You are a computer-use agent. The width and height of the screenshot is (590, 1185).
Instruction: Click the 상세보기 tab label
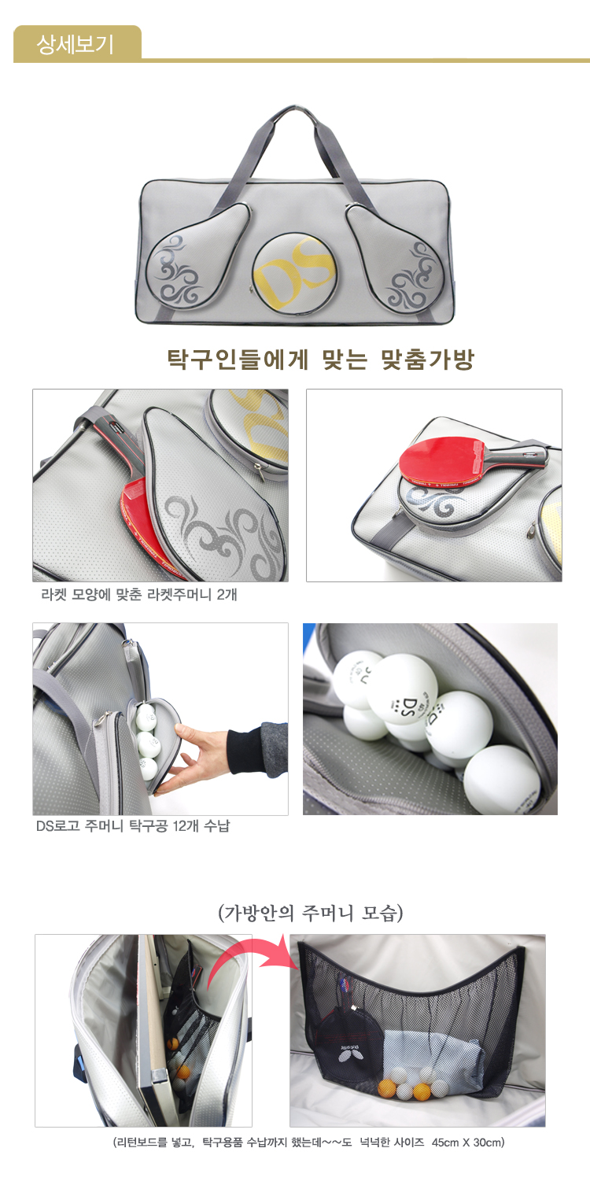pos(75,44)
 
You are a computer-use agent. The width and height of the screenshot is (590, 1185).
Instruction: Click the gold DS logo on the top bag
pos(295,271)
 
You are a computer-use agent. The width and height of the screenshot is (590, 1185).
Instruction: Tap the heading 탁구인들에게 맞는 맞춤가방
pos(320,360)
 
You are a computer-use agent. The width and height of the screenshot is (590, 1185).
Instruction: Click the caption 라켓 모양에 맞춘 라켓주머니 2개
pos(139,595)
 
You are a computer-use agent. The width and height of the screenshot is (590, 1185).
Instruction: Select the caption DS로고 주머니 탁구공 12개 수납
pos(133,825)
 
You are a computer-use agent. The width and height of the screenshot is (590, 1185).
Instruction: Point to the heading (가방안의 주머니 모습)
pos(310,913)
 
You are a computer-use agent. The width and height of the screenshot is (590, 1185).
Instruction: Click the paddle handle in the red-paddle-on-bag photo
pos(516,456)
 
